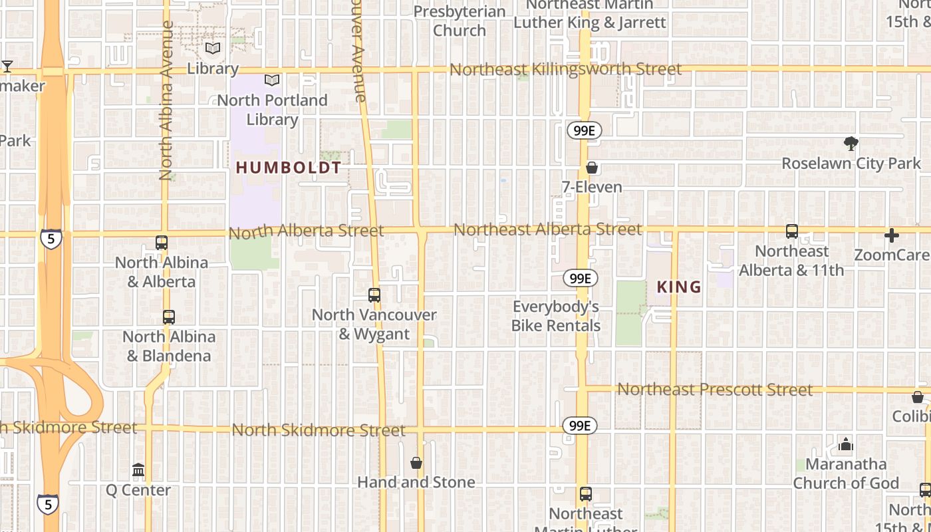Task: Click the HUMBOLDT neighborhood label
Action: [x=289, y=168]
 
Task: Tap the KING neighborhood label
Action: [x=679, y=287]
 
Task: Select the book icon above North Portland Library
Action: [x=272, y=80]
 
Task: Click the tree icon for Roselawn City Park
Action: [x=851, y=143]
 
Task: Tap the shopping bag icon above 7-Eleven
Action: [x=591, y=168]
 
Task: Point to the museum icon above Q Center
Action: [x=138, y=471]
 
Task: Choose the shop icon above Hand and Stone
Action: [x=416, y=463]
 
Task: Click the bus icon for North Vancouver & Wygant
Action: [x=374, y=295]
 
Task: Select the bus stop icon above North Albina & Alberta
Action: [x=162, y=243]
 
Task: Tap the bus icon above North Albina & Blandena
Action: [x=169, y=317]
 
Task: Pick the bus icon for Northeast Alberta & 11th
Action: [x=791, y=231]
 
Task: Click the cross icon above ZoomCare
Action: [x=892, y=235]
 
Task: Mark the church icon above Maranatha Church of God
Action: [x=846, y=444]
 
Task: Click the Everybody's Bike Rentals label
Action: [x=555, y=316]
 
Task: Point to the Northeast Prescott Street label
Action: [x=715, y=389]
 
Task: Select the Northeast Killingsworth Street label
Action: [x=565, y=69]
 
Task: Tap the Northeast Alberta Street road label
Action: [x=547, y=229]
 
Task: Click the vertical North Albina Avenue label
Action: [x=166, y=100]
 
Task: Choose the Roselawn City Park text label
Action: [x=851, y=163]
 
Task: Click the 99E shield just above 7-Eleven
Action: [x=584, y=131]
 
